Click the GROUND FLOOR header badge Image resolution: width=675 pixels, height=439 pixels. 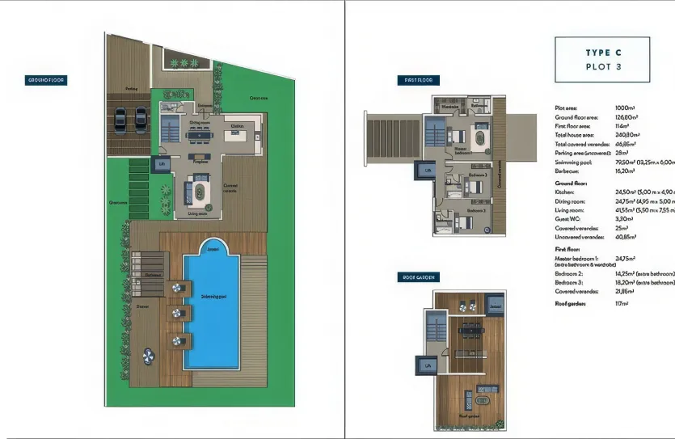coord(46,80)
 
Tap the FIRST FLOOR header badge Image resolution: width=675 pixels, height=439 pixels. coord(418,80)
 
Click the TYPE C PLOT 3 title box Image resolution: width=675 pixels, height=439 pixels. coord(602,59)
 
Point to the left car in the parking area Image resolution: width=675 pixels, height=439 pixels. coord(120,119)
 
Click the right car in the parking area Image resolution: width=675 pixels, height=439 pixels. coord(140,119)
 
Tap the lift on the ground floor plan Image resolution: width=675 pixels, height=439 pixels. coord(161,165)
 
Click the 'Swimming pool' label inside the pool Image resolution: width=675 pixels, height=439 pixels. coord(213,298)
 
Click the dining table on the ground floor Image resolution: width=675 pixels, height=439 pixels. coord(196,136)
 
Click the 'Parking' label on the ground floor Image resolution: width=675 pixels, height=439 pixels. coord(131,89)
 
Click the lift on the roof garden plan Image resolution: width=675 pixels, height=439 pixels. coord(426,365)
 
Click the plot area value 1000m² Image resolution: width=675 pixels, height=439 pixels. coord(625,108)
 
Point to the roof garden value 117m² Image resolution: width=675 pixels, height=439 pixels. coord(622,303)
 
